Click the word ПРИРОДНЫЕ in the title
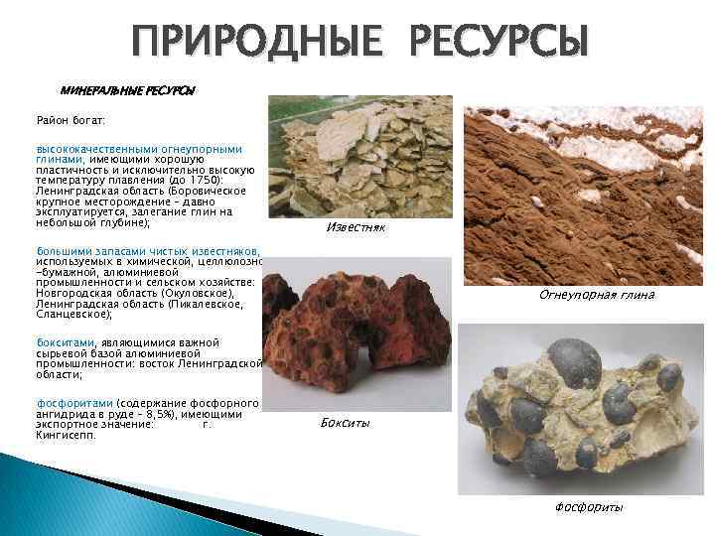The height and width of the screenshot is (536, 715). pos(252,43)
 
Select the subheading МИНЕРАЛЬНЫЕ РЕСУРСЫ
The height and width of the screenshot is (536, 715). pos(128,90)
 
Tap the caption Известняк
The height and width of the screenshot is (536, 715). pos(356,228)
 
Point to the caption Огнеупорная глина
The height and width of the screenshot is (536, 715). pos(596,295)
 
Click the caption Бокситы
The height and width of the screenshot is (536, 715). pos(347,424)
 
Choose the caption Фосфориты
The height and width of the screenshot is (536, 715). pos(589,507)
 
